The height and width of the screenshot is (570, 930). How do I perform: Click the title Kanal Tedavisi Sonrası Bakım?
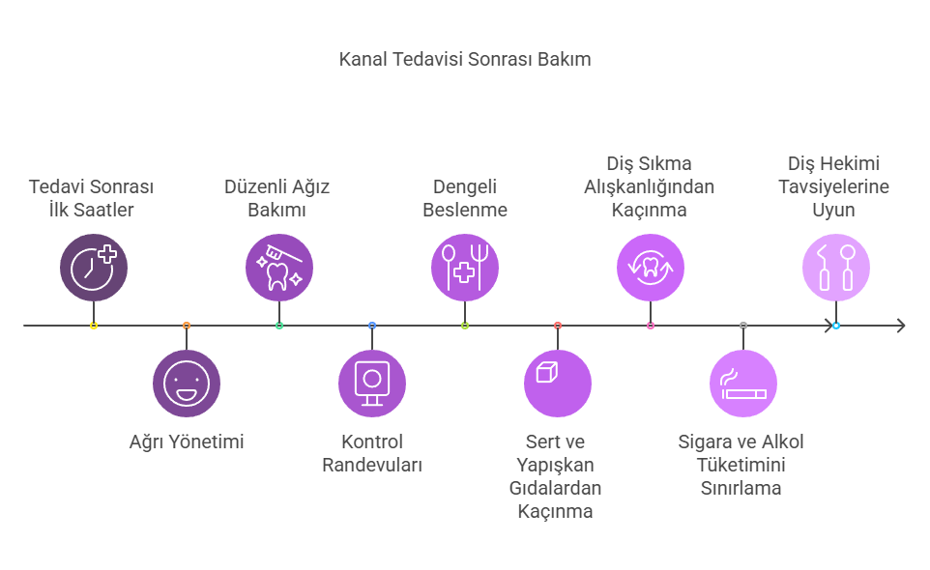click(x=464, y=59)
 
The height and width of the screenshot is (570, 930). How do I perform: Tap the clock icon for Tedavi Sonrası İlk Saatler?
click(x=94, y=268)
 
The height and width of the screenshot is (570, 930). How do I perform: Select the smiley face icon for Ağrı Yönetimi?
click(x=187, y=384)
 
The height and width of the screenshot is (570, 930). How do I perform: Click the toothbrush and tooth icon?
click(x=279, y=268)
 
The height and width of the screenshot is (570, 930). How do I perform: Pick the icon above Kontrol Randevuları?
click(x=372, y=384)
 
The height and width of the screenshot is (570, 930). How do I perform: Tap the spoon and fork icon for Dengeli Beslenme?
click(x=465, y=268)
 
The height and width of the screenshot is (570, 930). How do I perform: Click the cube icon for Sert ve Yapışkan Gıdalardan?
click(x=558, y=384)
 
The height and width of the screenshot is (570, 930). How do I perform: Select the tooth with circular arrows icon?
click(x=651, y=268)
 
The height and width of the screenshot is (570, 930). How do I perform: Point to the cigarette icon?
click(x=743, y=384)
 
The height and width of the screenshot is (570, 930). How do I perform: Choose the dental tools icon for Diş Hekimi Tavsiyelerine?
click(x=836, y=268)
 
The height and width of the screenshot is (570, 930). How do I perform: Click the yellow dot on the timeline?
click(x=94, y=326)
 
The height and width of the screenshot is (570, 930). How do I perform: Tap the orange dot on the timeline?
click(x=187, y=326)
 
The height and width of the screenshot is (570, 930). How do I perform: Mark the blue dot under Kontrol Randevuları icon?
click(x=372, y=326)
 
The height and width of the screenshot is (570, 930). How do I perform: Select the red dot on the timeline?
click(x=558, y=326)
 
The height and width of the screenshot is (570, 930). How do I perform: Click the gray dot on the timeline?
click(x=743, y=326)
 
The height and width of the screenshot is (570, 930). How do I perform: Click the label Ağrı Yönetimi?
click(x=187, y=442)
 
